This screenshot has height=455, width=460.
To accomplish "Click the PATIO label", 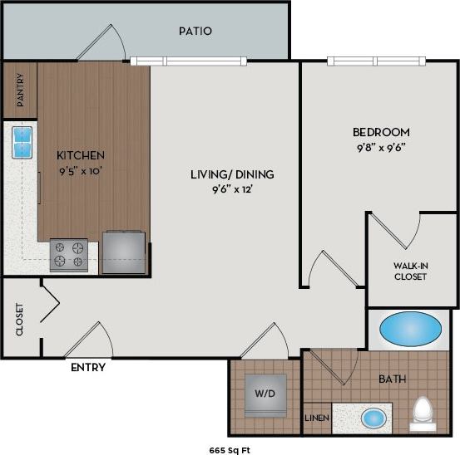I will [x=195, y=32].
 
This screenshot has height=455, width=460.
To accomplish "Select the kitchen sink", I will [x=22, y=142].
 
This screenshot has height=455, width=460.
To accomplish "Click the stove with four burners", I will [x=69, y=255].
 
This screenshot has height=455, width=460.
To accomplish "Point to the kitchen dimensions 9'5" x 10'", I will [x=80, y=172].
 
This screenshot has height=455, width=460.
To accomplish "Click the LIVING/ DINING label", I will [x=232, y=174].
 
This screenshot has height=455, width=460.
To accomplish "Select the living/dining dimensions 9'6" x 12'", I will [x=232, y=190].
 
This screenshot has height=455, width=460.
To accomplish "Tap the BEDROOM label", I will [x=381, y=132].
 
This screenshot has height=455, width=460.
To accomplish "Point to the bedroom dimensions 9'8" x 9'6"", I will [x=381, y=148].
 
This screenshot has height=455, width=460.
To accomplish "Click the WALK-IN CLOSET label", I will [x=410, y=272].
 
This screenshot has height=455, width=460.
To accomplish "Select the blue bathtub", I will [x=411, y=330].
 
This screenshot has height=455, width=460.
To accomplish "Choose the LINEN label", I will [x=316, y=418].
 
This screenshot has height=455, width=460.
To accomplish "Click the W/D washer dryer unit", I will [x=266, y=394].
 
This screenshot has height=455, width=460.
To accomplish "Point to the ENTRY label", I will [x=87, y=368].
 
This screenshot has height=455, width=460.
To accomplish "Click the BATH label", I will [x=392, y=379].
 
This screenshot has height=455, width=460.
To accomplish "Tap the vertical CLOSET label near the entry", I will [x=19, y=319].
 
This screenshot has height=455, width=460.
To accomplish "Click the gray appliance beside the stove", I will [x=123, y=252].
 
